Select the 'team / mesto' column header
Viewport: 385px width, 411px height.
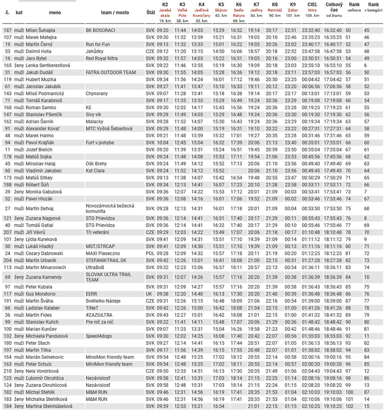tap(115, 12)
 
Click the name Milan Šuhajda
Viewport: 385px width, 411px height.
tap(40, 30)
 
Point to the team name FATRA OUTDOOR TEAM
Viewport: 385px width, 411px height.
tap(111, 72)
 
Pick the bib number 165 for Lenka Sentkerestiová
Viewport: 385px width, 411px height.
tap(7, 65)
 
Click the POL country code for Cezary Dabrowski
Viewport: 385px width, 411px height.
tap(150, 253)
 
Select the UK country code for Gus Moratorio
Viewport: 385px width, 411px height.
tap(149, 294)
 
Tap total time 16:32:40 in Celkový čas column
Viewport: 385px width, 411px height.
tap(332, 30)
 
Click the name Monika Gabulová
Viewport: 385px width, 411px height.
tap(44, 192)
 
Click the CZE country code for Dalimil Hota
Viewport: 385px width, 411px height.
tap(151, 51)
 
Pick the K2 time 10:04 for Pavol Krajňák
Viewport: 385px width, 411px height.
tap(162, 143)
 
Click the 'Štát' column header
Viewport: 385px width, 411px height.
tap(151, 12)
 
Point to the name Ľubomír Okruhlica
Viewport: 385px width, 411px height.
tap(44, 378)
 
